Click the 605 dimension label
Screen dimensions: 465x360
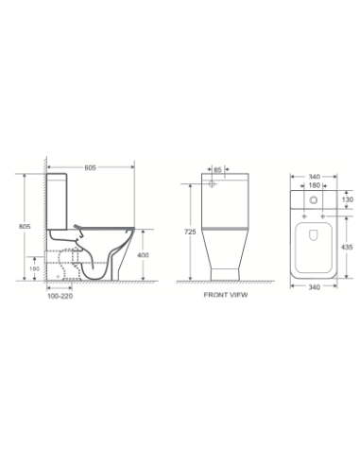tap(90, 167)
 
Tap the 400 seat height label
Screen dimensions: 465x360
tap(144, 255)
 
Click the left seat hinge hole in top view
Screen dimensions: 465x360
tap(297, 215)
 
